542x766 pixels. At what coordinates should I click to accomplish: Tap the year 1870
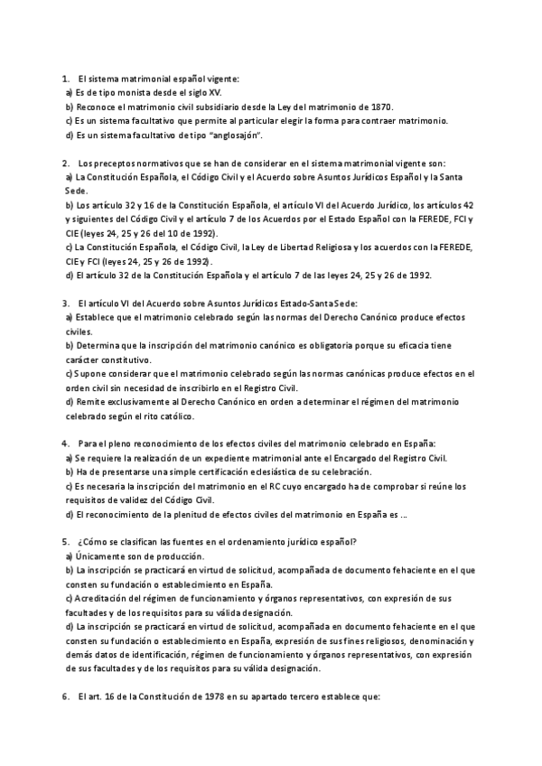point(379,107)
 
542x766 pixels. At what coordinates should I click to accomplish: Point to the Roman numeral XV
point(209,93)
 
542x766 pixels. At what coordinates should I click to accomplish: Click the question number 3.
point(66,304)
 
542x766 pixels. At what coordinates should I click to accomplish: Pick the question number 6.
point(66,697)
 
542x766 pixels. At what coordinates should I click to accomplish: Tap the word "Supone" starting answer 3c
point(89,374)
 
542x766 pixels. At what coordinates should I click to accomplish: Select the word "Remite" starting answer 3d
point(90,403)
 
